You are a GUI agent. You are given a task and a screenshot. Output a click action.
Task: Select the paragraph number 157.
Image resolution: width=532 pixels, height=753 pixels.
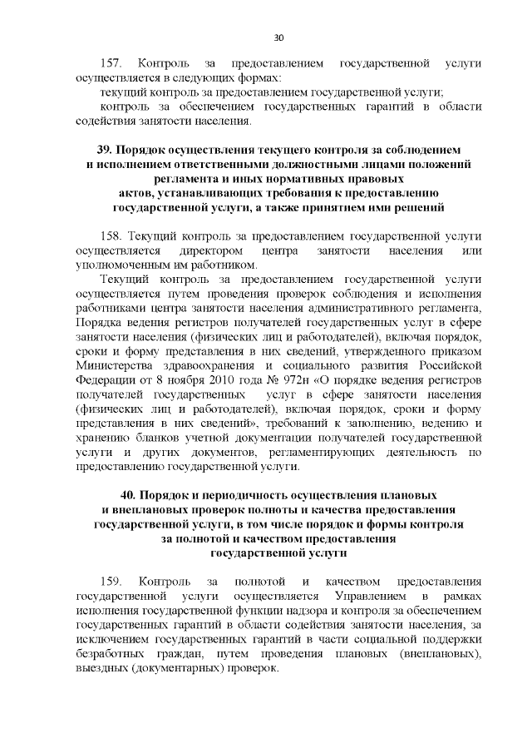[x=111, y=63]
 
